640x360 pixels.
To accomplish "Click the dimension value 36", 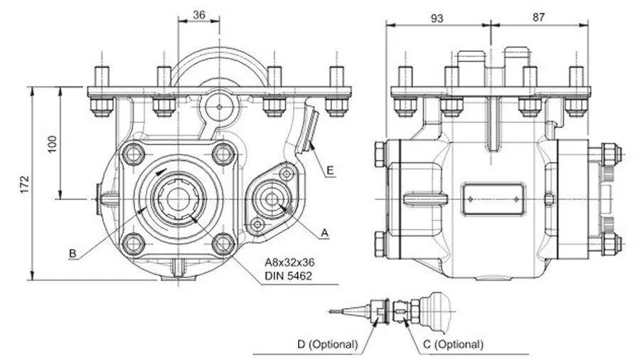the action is point(199,15).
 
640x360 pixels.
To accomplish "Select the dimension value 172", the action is point(26,184).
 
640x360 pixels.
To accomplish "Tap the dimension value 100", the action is point(53,144).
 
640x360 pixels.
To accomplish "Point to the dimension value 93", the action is point(437,18).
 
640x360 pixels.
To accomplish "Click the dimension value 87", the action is point(538,17).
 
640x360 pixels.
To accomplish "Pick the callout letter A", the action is point(324,233).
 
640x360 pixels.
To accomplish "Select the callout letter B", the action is point(73,253).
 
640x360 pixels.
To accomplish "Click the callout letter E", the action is point(331,170).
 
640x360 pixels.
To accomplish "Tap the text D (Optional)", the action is point(327,344).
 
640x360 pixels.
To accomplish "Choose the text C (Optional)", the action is point(453,344).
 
